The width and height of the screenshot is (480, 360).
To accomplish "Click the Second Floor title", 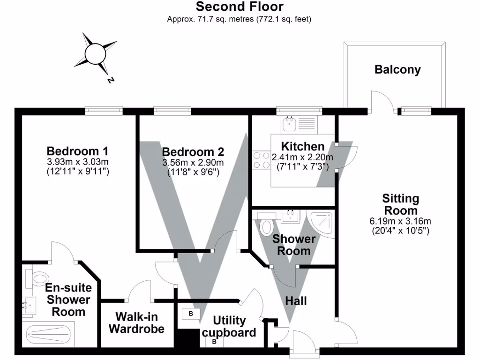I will (x=240, y=7).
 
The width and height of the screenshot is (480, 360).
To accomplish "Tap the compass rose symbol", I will (x=95, y=53).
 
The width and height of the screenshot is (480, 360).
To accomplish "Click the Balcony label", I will (x=397, y=70).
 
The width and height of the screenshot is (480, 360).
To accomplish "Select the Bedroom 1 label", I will (x=78, y=151).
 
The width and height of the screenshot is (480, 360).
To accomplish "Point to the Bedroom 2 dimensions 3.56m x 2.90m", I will (x=193, y=163).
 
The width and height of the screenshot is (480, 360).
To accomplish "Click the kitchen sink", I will (x=289, y=124).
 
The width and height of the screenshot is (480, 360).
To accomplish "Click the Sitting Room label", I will (x=400, y=204).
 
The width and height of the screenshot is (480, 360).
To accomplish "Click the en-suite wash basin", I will (x=29, y=306).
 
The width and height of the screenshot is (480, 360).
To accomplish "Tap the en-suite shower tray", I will (x=47, y=335).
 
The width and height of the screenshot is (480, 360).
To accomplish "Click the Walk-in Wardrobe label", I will (x=136, y=322).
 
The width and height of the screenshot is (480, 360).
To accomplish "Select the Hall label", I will (x=296, y=300).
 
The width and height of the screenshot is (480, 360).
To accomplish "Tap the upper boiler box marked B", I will (x=191, y=313).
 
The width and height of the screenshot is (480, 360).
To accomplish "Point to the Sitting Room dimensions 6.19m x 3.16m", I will (x=400, y=221).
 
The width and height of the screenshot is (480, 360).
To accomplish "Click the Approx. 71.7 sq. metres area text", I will (x=240, y=19).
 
